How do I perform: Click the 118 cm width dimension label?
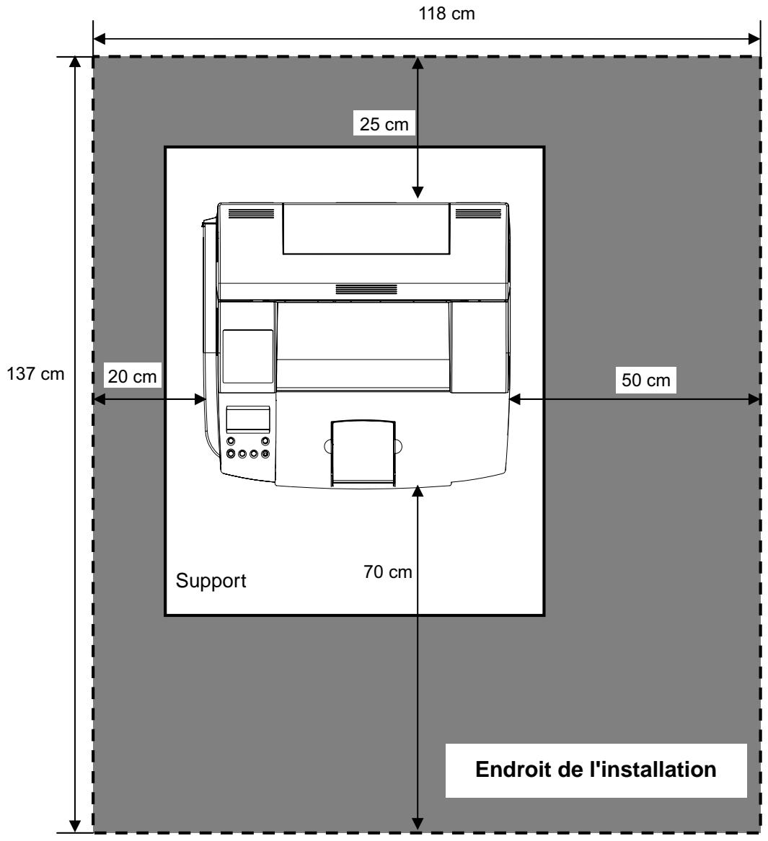pos(446,14)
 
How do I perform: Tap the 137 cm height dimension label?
pos(35,374)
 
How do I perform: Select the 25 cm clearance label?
pos(384,124)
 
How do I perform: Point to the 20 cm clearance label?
pos(132,376)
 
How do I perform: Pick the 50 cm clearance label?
pos(645,381)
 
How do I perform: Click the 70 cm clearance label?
pos(387,571)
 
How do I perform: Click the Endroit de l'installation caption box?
pos(596,770)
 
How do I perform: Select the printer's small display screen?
pos(248,419)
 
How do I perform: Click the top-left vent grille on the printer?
pos(251,213)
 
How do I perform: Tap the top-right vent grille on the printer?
pos(478,213)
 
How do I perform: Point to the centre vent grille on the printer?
pos(366,290)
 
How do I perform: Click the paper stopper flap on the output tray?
pos(363,453)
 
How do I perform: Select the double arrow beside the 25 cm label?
pos(418,128)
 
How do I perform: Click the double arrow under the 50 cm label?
pos(635,399)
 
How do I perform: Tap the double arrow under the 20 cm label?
pos(149,399)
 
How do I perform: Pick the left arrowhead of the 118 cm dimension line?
pos(100,39)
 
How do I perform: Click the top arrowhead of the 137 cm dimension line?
pos(75,63)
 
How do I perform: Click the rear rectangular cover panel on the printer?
pos(366,228)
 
